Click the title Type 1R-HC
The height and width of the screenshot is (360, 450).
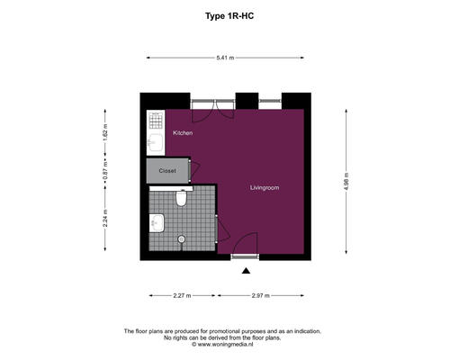[x=229, y=16]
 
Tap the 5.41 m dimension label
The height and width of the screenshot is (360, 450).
[x=225, y=58]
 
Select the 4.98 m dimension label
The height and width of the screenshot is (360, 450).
[x=346, y=181]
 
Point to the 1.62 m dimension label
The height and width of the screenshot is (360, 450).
[x=105, y=132]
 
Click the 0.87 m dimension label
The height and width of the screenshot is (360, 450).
[x=105, y=171]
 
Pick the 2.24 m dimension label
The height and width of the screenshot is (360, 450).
[x=105, y=218]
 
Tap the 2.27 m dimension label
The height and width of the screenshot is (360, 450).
[x=182, y=295]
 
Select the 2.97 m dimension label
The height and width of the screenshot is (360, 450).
[x=261, y=295]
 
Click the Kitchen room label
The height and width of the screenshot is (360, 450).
[x=183, y=132]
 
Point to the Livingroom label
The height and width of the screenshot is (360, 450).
[x=265, y=188]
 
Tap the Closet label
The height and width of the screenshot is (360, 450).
[x=167, y=171]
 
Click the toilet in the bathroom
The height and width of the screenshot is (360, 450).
[x=181, y=198]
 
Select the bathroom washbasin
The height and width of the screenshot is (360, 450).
[x=157, y=223]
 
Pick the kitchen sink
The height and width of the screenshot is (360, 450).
[x=156, y=142]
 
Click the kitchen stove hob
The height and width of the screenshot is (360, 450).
[x=156, y=120]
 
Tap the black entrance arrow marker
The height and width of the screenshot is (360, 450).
[x=246, y=271]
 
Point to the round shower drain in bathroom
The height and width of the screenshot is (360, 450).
[x=181, y=239]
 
